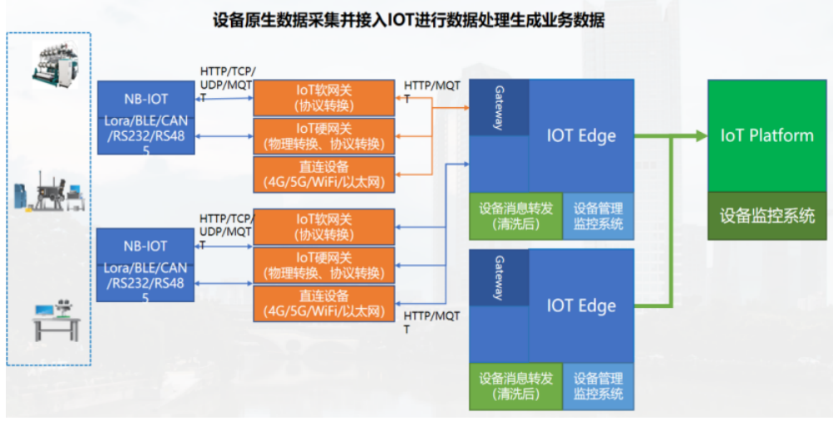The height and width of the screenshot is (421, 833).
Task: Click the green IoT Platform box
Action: (x=766, y=135)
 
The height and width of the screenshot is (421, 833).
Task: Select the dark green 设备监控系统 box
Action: (x=766, y=216)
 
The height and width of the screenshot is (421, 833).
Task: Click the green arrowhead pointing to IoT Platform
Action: (x=698, y=135)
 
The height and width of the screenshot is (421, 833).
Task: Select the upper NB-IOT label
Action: (x=145, y=99)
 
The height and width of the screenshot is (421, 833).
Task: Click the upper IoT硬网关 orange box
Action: (x=323, y=135)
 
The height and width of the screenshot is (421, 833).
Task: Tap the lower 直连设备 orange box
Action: (x=323, y=304)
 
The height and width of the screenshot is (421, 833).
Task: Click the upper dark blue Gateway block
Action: (x=499, y=107)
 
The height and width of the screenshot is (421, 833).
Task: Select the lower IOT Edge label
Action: (x=581, y=306)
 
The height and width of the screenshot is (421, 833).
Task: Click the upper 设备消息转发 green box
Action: (x=515, y=216)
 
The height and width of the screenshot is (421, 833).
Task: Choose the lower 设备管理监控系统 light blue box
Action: (x=598, y=386)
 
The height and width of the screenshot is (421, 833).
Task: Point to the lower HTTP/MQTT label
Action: (x=431, y=322)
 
